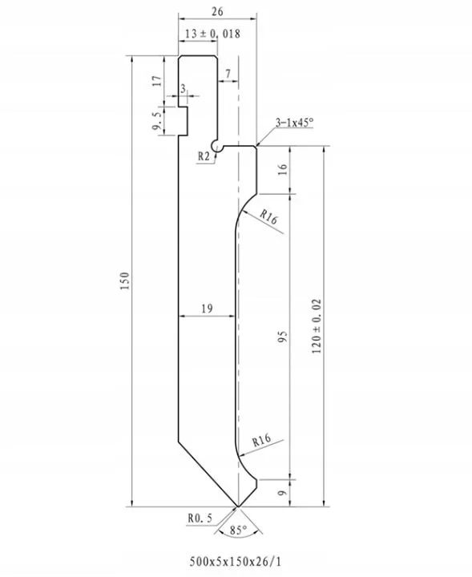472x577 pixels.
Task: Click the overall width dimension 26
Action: tap(217, 11)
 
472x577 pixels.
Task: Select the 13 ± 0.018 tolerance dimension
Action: tap(212, 34)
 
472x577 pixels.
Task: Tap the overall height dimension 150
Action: tap(125, 280)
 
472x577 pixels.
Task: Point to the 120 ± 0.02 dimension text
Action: tap(317, 326)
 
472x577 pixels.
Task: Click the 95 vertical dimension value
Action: tap(282, 337)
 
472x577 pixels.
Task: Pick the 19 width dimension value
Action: tap(207, 308)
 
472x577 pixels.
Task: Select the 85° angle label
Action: tap(238, 531)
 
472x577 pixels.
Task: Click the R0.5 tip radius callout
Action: tap(200, 518)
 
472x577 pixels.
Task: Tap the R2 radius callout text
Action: tap(204, 156)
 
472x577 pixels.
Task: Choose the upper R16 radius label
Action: tap(269, 217)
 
